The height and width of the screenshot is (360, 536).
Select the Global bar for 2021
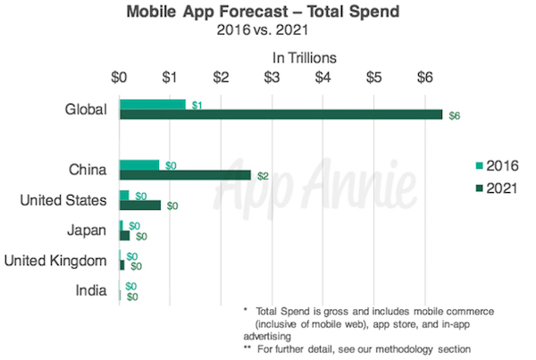click(281, 114)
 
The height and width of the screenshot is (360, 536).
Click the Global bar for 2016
click(152, 104)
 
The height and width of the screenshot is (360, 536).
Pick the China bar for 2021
click(185, 175)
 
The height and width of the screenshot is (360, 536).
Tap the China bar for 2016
click(139, 164)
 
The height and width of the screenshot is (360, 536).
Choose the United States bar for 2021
click(140, 205)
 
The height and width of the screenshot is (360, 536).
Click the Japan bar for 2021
click(124, 236)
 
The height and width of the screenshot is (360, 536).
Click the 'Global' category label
click(87, 109)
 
